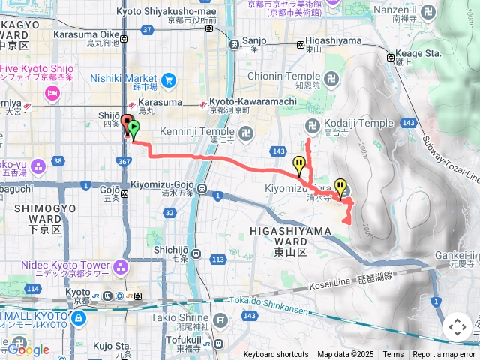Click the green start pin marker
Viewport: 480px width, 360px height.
[133, 128]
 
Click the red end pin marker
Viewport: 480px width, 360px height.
[126, 122]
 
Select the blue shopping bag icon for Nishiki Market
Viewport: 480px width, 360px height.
[168, 78]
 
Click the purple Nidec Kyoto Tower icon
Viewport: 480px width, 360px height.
[121, 266]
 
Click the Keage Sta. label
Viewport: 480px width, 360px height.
[417, 54]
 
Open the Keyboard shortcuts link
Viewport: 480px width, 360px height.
[276, 355]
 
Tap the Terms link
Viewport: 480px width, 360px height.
[393, 355]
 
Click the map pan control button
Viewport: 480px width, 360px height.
[457, 327]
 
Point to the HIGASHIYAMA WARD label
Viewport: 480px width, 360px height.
[280, 237]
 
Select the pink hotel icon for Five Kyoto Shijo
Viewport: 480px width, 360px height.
[52, 93]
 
